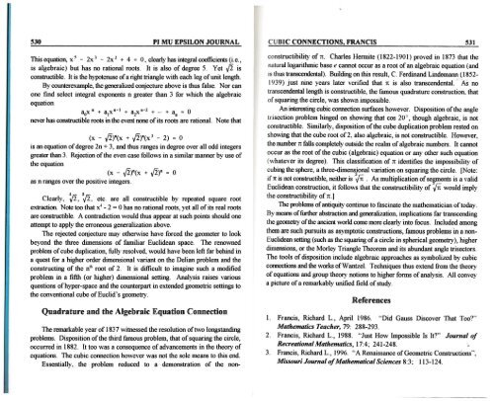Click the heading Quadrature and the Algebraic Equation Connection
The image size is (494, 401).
[133, 305]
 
